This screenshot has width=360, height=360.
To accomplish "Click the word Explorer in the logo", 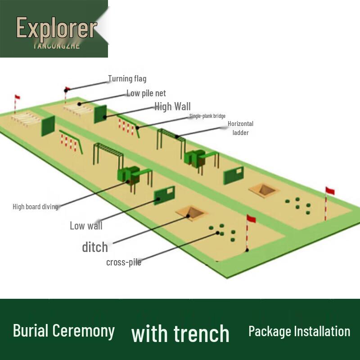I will [x=56, y=28].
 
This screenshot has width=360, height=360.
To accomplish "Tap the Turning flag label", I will [x=127, y=79].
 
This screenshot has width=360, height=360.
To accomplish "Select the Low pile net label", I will [x=146, y=93].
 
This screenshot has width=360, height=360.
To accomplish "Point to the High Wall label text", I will [x=172, y=106].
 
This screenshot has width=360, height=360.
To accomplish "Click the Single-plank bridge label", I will [x=207, y=116].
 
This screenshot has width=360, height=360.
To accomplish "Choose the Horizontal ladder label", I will [x=240, y=128].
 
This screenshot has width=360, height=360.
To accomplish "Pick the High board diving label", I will [x=35, y=207].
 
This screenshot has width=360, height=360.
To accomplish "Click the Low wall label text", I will [x=86, y=225].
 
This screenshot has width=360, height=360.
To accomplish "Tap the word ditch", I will [x=95, y=247].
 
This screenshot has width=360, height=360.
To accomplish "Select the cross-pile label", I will [x=124, y=262].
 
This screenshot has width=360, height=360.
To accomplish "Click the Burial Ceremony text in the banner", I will [x=64, y=331].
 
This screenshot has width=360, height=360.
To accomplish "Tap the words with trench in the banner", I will [x=180, y=333].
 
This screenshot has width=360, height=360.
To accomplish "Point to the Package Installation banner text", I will [x=299, y=332].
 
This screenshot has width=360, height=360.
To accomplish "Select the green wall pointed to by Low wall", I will [x=164, y=195].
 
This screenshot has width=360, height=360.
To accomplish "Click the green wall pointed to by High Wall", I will [x=100, y=114].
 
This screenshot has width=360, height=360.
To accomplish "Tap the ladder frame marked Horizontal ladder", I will [x=171, y=137].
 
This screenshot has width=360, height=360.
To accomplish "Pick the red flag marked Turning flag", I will [x=68, y=89].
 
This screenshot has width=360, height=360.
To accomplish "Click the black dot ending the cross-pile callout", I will [x=218, y=233].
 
